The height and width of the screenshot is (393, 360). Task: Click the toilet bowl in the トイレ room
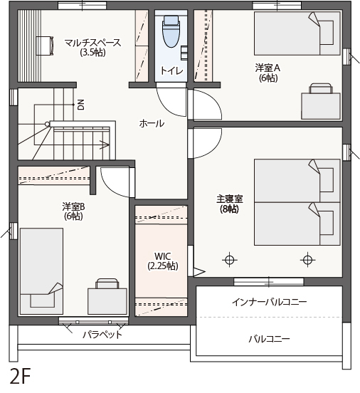pos(171,31)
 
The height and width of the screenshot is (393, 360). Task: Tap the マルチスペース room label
pos(92,43)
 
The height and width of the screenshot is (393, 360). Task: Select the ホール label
pos(152,123)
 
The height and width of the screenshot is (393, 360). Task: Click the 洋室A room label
pos(268,68)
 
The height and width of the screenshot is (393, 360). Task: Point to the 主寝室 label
pos(230,199)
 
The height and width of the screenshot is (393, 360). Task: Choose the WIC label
pos(163,256)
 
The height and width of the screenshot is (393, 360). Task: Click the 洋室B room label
pos(74,206)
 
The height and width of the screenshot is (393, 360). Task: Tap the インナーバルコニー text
pos(270,302)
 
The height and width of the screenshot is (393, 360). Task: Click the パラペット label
pos(102,335)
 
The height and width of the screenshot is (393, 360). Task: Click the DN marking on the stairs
pos(81,105)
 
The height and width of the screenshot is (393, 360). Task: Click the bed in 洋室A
pos(297,33)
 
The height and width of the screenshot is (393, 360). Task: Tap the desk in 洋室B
pos(107,301)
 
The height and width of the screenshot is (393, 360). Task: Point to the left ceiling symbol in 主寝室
pos(230,260)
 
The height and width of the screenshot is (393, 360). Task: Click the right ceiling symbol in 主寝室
pos(307,260)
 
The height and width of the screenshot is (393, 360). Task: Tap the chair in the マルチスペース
pos(45,46)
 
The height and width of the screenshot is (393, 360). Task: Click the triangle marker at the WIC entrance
pos(199,272)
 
